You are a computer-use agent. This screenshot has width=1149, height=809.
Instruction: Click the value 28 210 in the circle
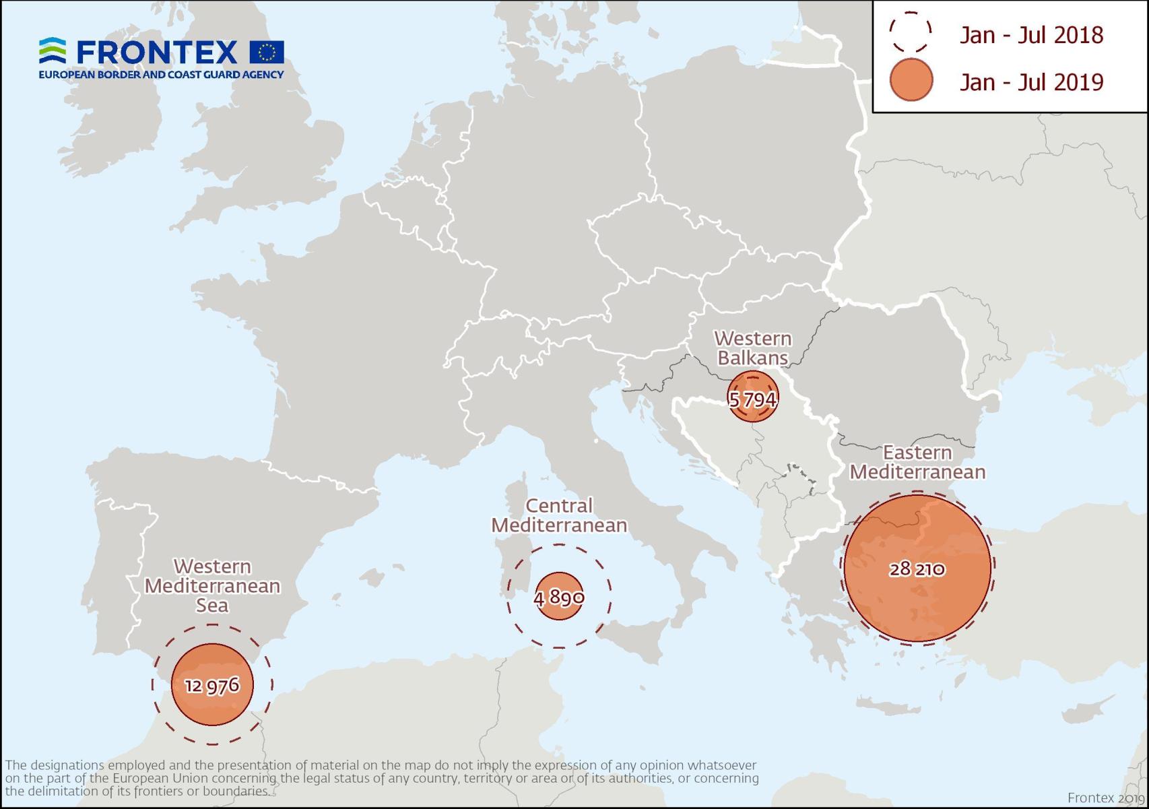pyautogui.click(x=917, y=570)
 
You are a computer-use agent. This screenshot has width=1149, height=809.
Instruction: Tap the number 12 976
pyautogui.click(x=212, y=685)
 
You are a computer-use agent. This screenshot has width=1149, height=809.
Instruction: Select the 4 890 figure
pyautogui.click(x=558, y=597)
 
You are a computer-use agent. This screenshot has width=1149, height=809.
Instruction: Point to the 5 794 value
pyautogui.click(x=752, y=399)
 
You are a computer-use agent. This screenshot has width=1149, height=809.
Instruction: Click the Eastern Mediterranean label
pyautogui.click(x=917, y=462)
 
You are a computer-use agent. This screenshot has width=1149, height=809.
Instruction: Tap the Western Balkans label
pyautogui.click(x=752, y=348)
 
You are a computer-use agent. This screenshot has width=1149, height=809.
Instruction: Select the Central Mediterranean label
pyautogui.click(x=559, y=515)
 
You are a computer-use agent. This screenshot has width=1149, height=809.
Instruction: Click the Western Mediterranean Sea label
pyautogui.click(x=212, y=585)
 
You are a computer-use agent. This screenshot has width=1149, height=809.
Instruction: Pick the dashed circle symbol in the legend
pyautogui.click(x=910, y=32)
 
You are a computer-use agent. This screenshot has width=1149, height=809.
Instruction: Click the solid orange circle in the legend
pyautogui.click(x=911, y=80)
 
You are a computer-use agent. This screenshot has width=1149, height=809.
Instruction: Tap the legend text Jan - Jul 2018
pyautogui.click(x=1031, y=35)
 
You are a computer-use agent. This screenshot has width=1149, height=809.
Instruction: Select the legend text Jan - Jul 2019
pyautogui.click(x=1031, y=82)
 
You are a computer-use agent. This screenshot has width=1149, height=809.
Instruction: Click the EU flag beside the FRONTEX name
pyautogui.click(x=267, y=52)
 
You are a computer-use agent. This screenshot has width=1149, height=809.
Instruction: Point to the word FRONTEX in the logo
pyautogui.click(x=157, y=52)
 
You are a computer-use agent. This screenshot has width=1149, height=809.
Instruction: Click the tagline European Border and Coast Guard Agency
pyautogui.click(x=161, y=75)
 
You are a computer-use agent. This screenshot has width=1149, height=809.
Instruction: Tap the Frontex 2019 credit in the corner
pyautogui.click(x=1105, y=798)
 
